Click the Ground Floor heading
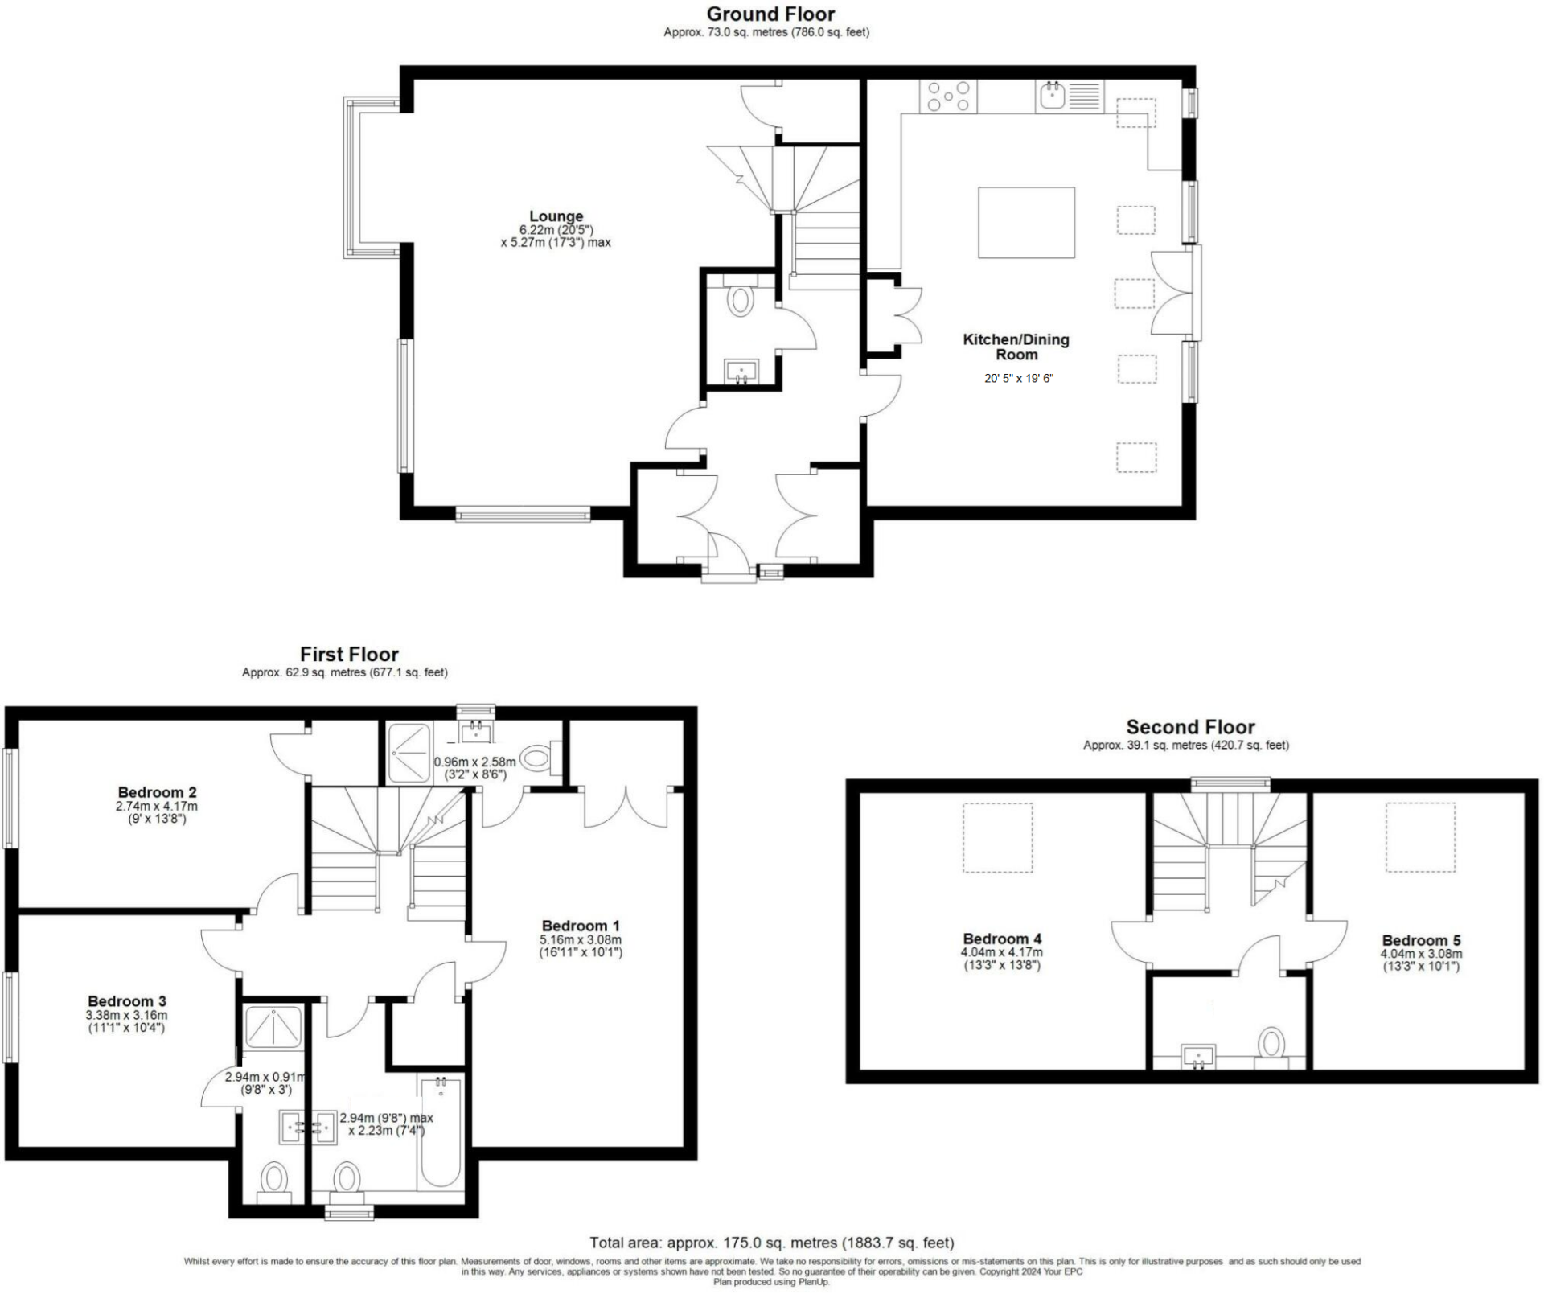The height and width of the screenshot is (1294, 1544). click(x=770, y=14)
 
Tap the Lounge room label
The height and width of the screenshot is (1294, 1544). click(x=556, y=216)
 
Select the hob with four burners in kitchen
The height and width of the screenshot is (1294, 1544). click(x=949, y=97)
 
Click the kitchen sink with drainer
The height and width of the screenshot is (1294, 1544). click(x=1069, y=97)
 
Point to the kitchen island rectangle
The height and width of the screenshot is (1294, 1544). click(x=1026, y=223)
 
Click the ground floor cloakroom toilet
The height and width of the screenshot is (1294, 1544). click(x=739, y=300)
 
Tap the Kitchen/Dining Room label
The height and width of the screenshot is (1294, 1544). click(x=1016, y=347)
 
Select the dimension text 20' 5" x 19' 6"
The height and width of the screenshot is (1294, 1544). click(x=1018, y=378)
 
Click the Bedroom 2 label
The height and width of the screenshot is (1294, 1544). click(x=157, y=792)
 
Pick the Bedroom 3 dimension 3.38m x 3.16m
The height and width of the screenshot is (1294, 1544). click(x=127, y=1016)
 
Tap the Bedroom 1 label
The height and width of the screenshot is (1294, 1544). click(x=581, y=926)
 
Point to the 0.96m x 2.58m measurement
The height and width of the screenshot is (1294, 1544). click(x=474, y=762)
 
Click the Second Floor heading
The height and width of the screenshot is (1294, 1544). click(x=1190, y=727)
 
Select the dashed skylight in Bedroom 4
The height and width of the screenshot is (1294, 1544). click(x=997, y=837)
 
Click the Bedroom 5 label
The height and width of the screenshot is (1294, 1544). click(x=1421, y=940)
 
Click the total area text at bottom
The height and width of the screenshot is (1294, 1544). click(x=771, y=1243)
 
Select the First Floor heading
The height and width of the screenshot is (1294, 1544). click(x=349, y=655)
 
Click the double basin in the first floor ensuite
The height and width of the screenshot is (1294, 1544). click(x=307, y=1127)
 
